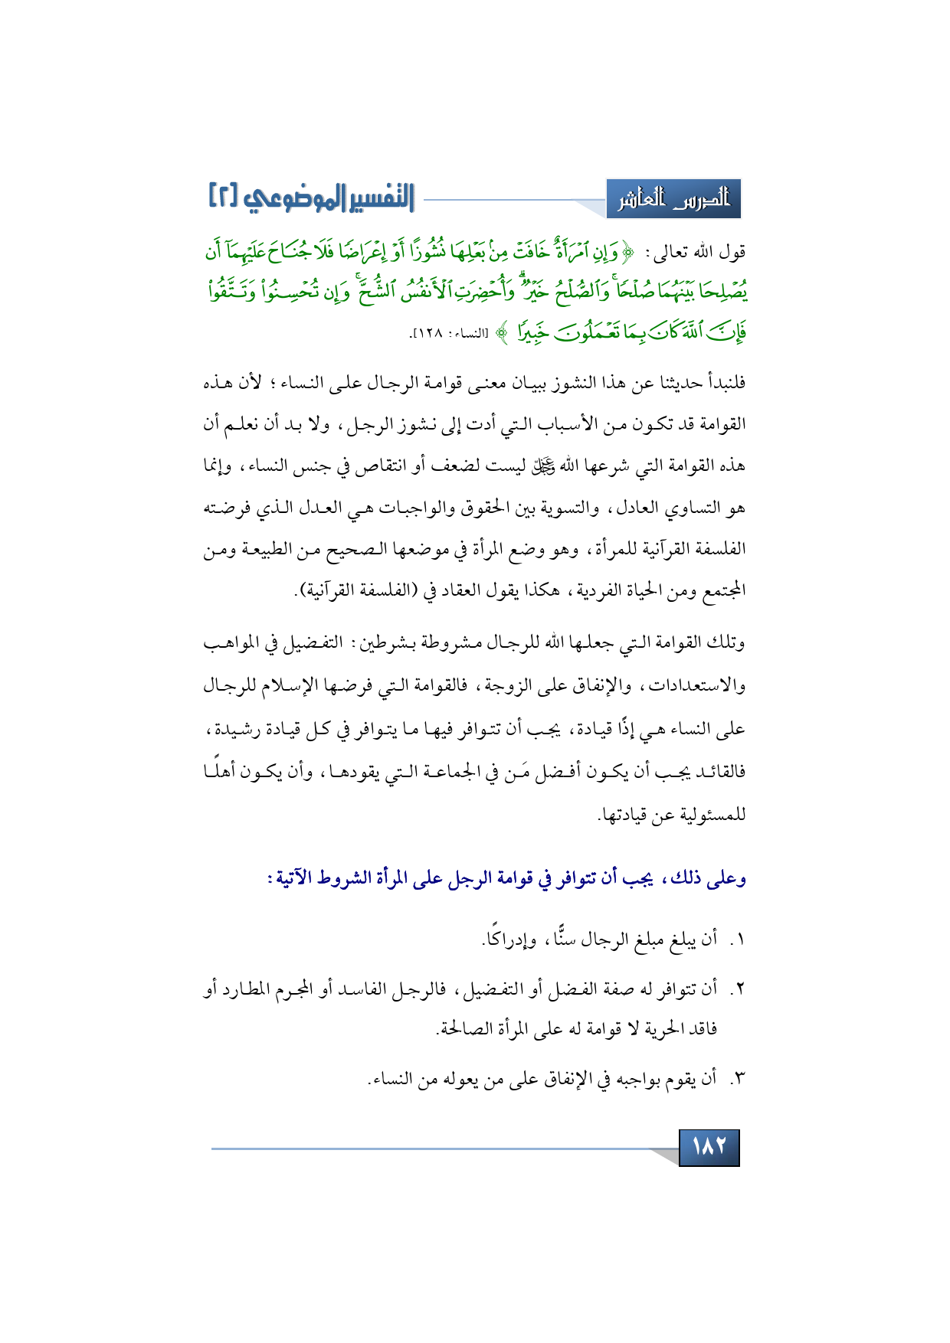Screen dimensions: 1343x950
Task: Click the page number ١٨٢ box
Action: (709, 1147)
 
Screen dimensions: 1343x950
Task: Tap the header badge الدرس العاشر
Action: (674, 200)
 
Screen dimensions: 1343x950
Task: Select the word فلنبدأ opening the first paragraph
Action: (716, 382)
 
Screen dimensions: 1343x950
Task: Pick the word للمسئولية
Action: (709, 815)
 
